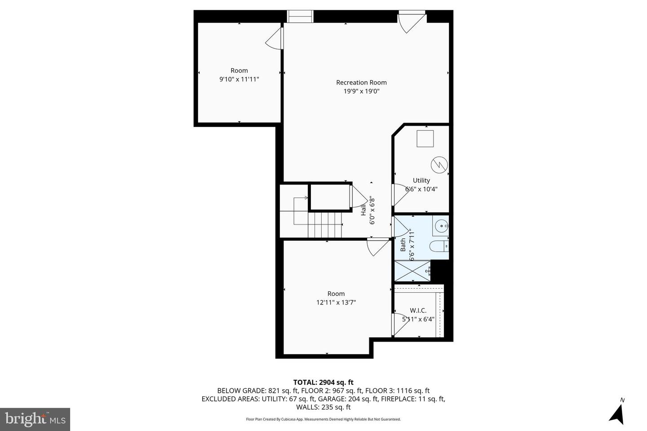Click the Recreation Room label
click(x=361, y=83)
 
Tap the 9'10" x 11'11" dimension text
click(x=239, y=79)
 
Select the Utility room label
click(x=421, y=180)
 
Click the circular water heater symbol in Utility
click(x=439, y=165)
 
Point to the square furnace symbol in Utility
click(x=425, y=138)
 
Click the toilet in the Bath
click(x=439, y=246)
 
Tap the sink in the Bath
click(x=441, y=226)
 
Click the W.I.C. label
click(x=418, y=311)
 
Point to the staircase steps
click(x=324, y=224)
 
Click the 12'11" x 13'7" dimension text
click(x=336, y=303)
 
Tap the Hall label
click(x=363, y=210)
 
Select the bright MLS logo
click(x=35, y=419)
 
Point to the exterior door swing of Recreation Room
click(x=410, y=23)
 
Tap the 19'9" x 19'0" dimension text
click(x=361, y=91)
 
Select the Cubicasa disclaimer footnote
click(x=323, y=419)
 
